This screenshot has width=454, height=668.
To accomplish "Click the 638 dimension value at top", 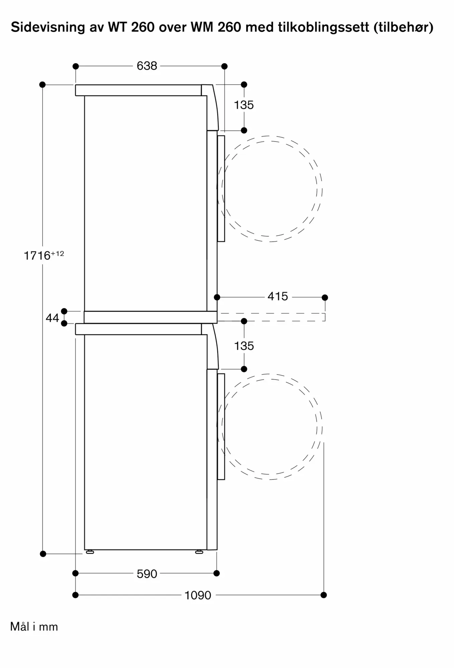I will [x=147, y=66].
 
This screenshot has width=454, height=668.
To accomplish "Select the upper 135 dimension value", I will [x=244, y=105].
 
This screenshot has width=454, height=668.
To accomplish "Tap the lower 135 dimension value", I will [x=244, y=346].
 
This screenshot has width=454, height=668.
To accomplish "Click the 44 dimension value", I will [x=52, y=318].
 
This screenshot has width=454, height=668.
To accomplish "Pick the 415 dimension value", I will [x=277, y=296].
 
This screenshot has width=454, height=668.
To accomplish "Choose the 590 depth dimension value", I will [x=147, y=574].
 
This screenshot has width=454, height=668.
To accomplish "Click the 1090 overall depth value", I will [x=198, y=595].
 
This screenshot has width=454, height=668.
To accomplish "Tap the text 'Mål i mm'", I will [x=34, y=627].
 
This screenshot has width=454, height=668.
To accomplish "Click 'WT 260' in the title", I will [x=131, y=27].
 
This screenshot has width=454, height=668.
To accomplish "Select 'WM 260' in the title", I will [x=216, y=27].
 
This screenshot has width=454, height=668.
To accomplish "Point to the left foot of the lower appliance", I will [x=90, y=552].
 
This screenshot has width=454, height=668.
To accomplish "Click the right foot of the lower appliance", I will [x=199, y=552].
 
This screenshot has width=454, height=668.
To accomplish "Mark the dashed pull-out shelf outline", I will [x=271, y=317].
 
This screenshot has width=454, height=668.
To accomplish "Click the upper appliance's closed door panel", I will [x=221, y=189].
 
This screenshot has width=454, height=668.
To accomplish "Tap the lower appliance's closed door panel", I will [x=221, y=427].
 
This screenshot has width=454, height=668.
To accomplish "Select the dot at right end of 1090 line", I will [x=323, y=595].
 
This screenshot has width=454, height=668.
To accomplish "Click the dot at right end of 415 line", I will [x=325, y=297].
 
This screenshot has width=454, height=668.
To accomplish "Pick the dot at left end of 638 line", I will [x=76, y=66].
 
